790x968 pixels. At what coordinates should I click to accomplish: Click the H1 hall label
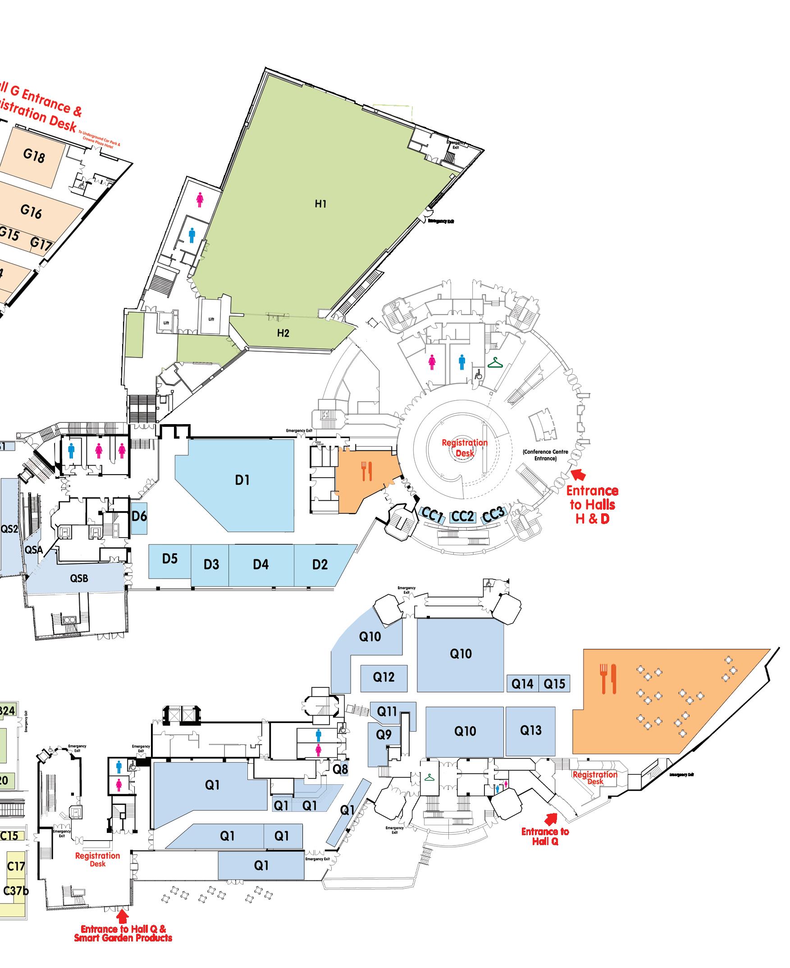321,204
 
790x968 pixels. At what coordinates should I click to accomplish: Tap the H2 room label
283,333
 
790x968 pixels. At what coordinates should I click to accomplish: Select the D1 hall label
242,480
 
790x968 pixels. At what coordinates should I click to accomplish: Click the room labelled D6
139,516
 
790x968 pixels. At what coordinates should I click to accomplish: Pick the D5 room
170,559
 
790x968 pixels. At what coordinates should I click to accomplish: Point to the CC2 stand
462,516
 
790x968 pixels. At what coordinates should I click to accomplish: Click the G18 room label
34,156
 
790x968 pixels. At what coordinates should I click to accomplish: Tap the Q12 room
384,677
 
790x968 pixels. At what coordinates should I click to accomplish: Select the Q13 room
530,730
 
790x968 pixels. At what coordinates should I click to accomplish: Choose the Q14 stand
522,683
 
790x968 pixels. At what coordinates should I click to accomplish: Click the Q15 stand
554,683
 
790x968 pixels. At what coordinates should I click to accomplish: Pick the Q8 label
340,769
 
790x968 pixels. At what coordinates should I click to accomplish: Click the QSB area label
79,579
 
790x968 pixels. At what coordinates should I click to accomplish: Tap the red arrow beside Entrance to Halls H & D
578,475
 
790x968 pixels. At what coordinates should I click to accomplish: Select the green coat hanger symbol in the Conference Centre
495,362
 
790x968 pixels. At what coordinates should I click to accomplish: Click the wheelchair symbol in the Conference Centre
478,375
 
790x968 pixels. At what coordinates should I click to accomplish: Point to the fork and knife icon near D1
367,471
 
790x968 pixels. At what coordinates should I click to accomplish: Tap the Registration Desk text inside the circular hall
465,448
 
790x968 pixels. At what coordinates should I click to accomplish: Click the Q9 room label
384,734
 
